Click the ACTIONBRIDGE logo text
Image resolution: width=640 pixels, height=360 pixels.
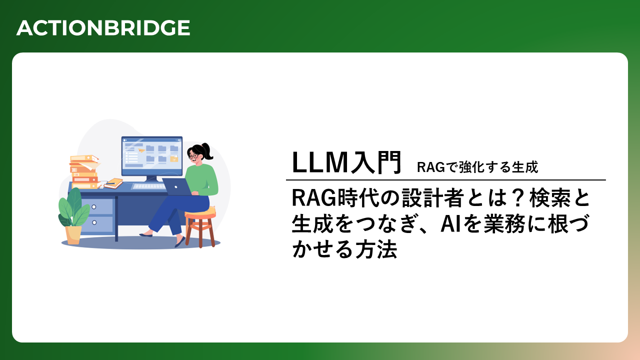[103, 28]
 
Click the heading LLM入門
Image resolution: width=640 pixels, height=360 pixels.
[346, 162]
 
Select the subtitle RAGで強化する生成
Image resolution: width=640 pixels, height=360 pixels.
[477, 167]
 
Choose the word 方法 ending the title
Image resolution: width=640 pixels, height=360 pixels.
[376, 249]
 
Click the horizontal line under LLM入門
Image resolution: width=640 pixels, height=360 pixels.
[445, 180]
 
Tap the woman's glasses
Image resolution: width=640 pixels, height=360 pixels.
[193, 156]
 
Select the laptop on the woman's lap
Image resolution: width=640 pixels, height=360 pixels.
[177, 187]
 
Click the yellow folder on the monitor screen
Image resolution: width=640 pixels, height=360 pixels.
[174, 158]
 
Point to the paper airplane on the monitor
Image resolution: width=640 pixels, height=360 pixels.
[141, 150]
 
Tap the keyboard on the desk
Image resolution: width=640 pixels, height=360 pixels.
[148, 186]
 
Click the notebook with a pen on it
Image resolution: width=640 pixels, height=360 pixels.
[113, 183]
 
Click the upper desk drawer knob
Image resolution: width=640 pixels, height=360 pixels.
[93, 207]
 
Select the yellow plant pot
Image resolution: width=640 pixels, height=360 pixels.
[73, 235]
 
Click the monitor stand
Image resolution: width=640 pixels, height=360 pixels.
[151, 179]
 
